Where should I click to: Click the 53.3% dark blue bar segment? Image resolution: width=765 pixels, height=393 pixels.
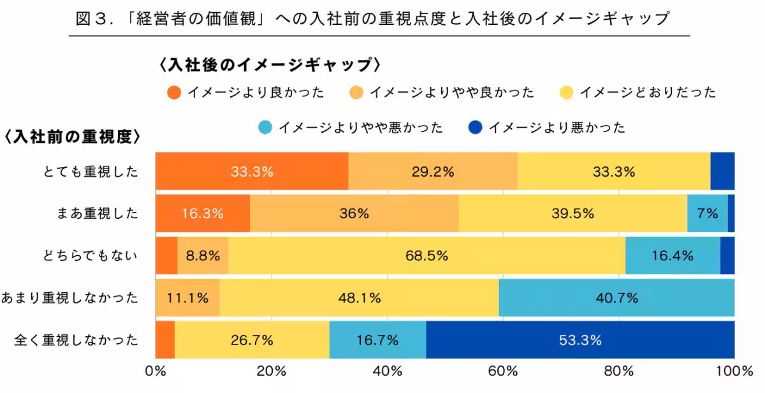[x=580, y=340]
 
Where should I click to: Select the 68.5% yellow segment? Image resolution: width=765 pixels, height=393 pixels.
[x=426, y=256]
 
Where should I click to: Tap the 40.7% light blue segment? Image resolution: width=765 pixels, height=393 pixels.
[x=616, y=298]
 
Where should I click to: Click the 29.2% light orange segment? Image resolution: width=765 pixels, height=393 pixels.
[x=433, y=172]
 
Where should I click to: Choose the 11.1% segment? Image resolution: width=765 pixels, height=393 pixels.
[x=187, y=298]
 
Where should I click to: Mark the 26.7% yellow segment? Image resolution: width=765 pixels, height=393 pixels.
[x=252, y=340]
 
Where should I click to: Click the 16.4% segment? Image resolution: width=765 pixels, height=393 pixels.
[x=673, y=256]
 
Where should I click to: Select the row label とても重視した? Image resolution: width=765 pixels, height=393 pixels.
[x=92, y=172]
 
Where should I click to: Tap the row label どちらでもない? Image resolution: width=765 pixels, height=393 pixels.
[x=92, y=256]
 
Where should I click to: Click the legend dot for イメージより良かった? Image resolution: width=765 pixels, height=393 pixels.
[x=174, y=93]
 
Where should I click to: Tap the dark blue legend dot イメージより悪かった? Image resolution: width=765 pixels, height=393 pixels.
[x=475, y=128]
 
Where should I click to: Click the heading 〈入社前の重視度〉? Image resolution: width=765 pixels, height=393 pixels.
[x=72, y=137]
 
